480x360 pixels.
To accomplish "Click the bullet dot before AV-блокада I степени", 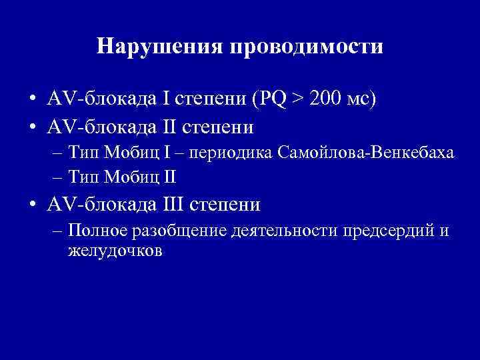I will point(32,100).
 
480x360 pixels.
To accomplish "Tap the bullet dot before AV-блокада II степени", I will point(32,126).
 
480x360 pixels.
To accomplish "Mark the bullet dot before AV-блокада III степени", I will point(32,204).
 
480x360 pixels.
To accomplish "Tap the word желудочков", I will point(115,251).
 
